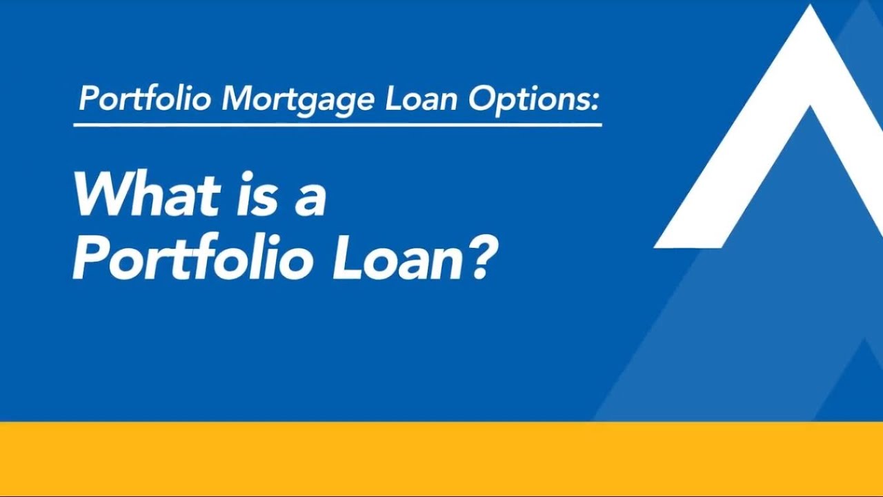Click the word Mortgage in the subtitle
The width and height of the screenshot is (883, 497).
[297, 99]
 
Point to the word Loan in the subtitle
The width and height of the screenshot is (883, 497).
[421, 98]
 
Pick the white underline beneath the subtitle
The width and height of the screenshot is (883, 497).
[338, 125]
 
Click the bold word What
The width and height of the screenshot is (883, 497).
[147, 194]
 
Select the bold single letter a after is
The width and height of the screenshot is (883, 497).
[310, 200]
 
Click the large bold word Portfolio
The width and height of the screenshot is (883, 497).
[195, 257]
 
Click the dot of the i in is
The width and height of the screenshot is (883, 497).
[248, 176]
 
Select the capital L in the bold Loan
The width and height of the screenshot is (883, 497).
[349, 258]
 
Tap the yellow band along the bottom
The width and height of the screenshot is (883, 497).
[441, 458]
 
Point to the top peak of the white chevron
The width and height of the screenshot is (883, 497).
[810, 5]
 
